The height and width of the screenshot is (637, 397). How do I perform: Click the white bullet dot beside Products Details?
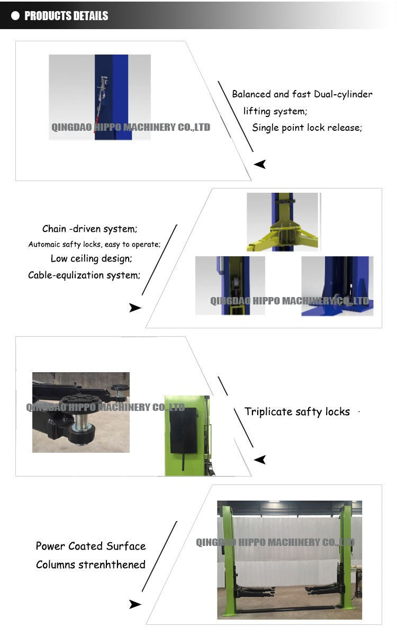click(x=15, y=16)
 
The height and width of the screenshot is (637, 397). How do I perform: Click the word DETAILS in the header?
click(x=89, y=16)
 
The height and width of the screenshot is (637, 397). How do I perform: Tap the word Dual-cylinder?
click(x=343, y=94)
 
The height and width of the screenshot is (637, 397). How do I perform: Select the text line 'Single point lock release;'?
click(x=307, y=128)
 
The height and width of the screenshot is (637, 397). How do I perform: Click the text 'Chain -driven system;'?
click(x=90, y=229)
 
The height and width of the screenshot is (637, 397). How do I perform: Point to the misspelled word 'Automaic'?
click(x=44, y=244)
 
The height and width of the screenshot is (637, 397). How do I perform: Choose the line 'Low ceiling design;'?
click(x=91, y=258)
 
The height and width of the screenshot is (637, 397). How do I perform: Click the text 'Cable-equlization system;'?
click(x=84, y=275)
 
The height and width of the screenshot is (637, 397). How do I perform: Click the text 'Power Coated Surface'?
click(x=91, y=546)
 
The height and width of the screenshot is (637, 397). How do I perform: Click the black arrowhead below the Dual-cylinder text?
click(x=260, y=164)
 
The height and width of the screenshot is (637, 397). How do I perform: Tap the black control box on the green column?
click(x=183, y=430)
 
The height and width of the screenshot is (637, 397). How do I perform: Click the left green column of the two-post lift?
click(x=229, y=561)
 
